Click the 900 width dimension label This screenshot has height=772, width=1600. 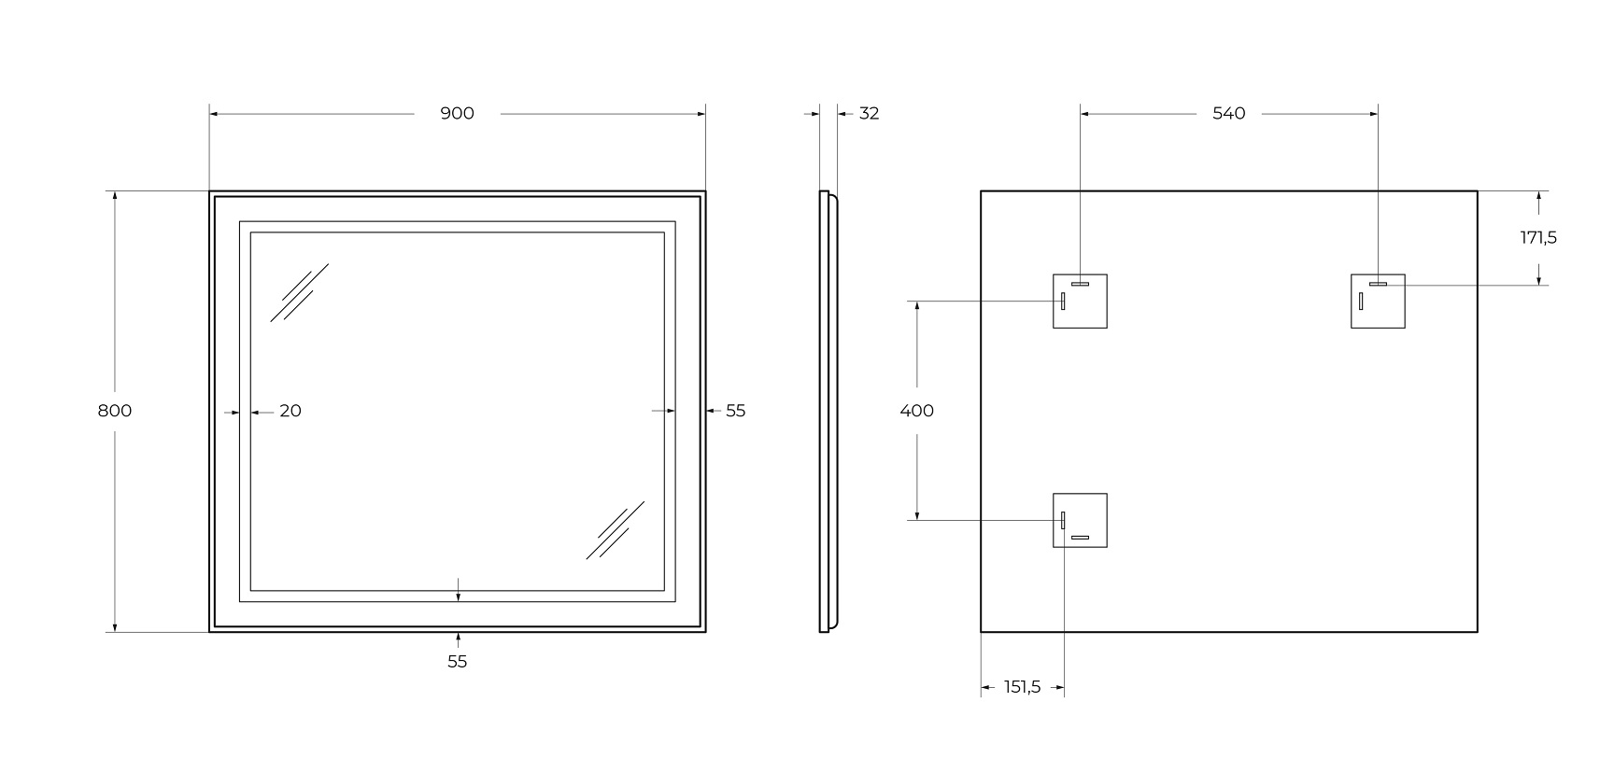coord(457,114)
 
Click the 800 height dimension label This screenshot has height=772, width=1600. coord(114,411)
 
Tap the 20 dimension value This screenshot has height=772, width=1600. coord(290,411)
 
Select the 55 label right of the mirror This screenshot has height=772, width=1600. coord(736,411)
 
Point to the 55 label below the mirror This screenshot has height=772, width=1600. coord(457,661)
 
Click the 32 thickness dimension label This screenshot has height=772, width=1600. coord(870,114)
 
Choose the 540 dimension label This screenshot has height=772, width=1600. coord(1228,114)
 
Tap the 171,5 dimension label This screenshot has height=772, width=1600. coord(1537,238)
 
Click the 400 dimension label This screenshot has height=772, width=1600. coord(917,411)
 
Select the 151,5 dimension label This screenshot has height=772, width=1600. coord(1022,687)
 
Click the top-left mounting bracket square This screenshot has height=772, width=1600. coord(1080,302)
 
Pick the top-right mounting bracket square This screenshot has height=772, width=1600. coord(1378,302)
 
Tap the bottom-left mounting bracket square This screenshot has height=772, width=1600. coord(1080,521)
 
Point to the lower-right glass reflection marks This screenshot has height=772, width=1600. coord(615,530)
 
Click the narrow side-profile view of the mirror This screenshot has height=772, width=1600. coord(828,412)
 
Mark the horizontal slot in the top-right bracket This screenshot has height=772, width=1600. coord(1378,284)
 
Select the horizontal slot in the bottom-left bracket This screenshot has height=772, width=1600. coord(1080,537)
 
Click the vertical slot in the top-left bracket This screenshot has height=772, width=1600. coord(1063,302)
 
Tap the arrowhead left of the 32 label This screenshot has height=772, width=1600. coord(815,114)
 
